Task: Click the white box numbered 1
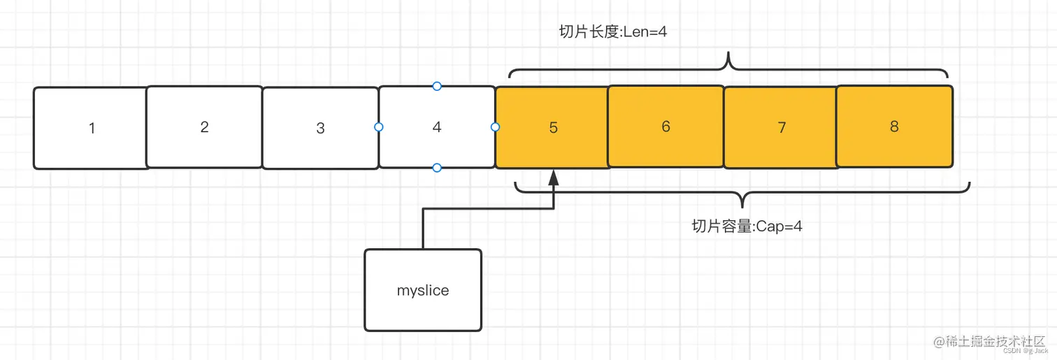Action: point(92,128)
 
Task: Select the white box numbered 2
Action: point(204,127)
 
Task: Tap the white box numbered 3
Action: point(320,128)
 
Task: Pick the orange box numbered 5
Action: point(552,128)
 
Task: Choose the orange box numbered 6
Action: point(666,127)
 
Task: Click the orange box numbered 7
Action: point(781,128)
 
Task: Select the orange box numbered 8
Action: point(894,127)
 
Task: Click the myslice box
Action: point(423,290)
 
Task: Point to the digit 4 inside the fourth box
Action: point(437,127)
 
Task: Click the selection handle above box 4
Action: point(437,86)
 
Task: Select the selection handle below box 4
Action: point(437,168)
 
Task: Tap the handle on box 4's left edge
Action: point(379,127)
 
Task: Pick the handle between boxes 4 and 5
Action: point(495,127)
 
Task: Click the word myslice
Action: point(423,290)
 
